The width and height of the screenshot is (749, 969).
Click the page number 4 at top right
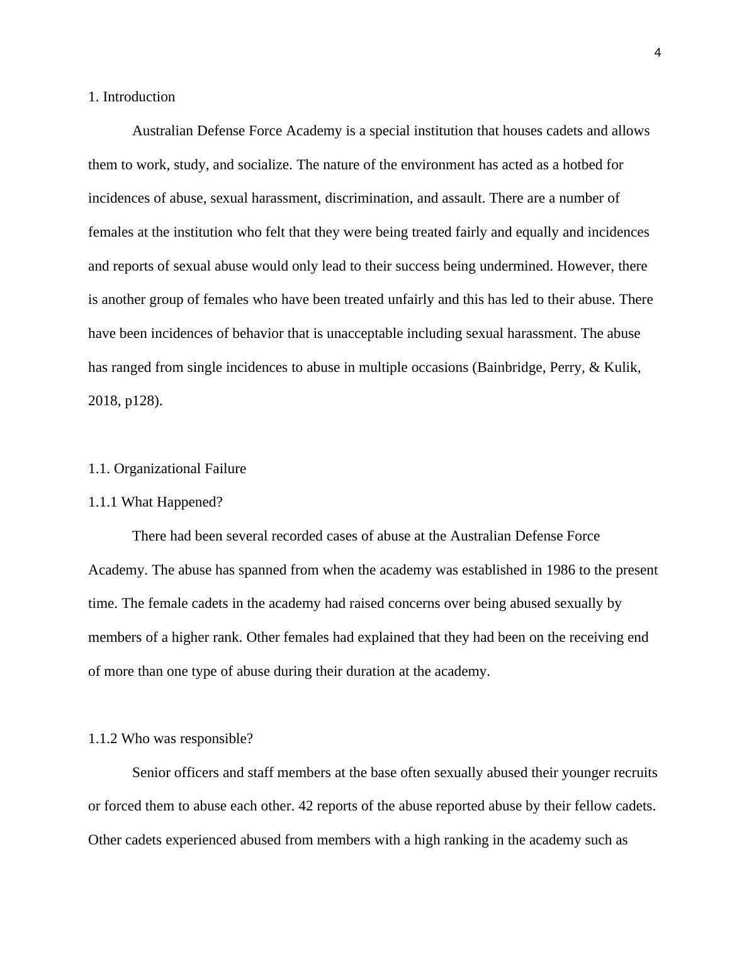click(x=658, y=53)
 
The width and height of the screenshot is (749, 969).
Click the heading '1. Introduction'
click(x=132, y=97)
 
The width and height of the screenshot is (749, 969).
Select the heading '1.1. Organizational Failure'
click(x=167, y=469)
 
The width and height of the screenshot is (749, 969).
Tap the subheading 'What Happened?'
click(x=172, y=502)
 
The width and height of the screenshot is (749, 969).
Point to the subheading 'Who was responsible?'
click(x=187, y=739)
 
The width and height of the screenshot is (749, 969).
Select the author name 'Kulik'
click(x=621, y=367)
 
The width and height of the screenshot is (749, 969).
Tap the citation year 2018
click(x=101, y=401)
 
